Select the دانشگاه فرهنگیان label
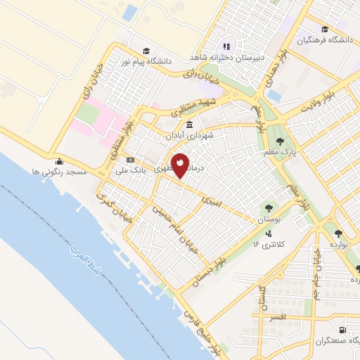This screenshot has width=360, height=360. pyautogui.click(x=323, y=40)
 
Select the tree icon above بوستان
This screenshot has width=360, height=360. pyautogui.click(x=268, y=207)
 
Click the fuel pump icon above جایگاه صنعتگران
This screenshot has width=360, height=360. pyautogui.click(x=342, y=330)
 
